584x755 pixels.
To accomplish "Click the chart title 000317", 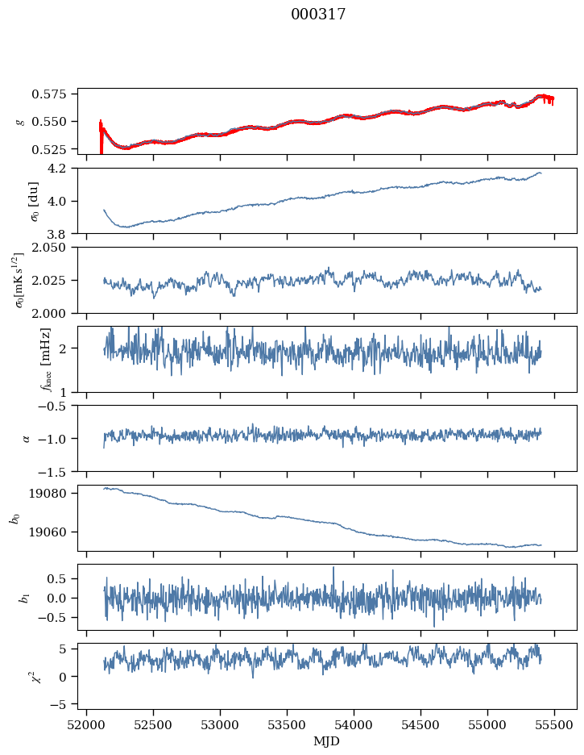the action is (318, 14).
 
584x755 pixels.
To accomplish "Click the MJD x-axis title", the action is (326, 741).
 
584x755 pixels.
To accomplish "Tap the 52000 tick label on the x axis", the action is (86, 725).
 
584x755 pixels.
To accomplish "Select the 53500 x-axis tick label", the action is (287, 725).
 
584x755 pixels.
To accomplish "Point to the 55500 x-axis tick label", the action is (554, 725).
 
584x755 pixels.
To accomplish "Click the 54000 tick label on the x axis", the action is (354, 725).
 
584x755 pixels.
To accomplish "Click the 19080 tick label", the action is (48, 494).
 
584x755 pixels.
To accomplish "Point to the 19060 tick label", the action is (48, 532).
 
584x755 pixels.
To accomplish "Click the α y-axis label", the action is (26, 438).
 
